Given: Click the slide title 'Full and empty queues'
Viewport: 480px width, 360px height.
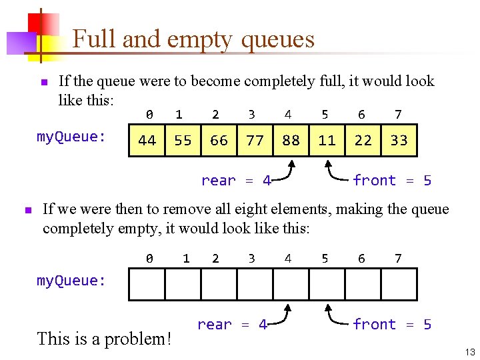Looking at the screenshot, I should [193, 39].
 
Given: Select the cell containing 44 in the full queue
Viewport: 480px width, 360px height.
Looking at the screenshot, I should [147, 140].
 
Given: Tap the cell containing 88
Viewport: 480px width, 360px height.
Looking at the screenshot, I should [291, 140].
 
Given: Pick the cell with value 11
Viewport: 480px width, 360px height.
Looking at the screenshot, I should [327, 140].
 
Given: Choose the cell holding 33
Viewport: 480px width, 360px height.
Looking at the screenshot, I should [399, 140].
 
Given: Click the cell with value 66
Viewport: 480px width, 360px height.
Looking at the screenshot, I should [219, 140].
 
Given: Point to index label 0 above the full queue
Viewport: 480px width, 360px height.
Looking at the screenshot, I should [150, 115].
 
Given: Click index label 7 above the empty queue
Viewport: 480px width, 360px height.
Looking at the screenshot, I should [398, 258].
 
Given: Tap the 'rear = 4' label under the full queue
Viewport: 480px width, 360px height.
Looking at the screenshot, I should [236, 181].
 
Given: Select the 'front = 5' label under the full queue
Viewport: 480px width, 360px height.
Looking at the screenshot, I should [392, 181].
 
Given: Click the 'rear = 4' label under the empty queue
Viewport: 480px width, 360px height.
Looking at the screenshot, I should [232, 325].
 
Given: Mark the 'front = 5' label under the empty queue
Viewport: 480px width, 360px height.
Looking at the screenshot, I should [392, 325].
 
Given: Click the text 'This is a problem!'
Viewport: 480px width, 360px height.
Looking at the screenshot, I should [105, 339].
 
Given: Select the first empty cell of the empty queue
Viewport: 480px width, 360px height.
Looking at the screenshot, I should [147, 285].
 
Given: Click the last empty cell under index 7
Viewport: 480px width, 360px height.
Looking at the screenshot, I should [399, 285].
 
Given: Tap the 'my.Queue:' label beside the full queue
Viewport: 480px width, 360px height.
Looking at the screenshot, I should [71, 137].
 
